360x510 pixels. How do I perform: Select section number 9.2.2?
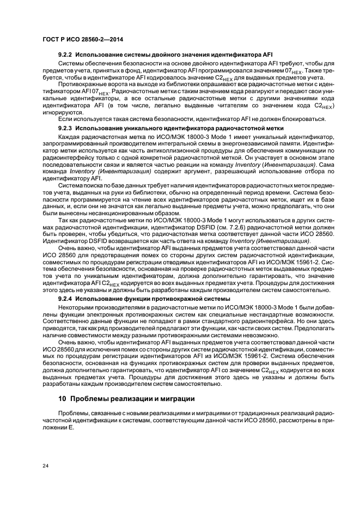[66, 55]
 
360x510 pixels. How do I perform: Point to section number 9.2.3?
[66, 128]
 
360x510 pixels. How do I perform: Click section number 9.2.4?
[66, 299]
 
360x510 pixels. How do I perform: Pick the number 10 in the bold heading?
[62, 398]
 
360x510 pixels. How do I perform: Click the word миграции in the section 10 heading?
[175, 398]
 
